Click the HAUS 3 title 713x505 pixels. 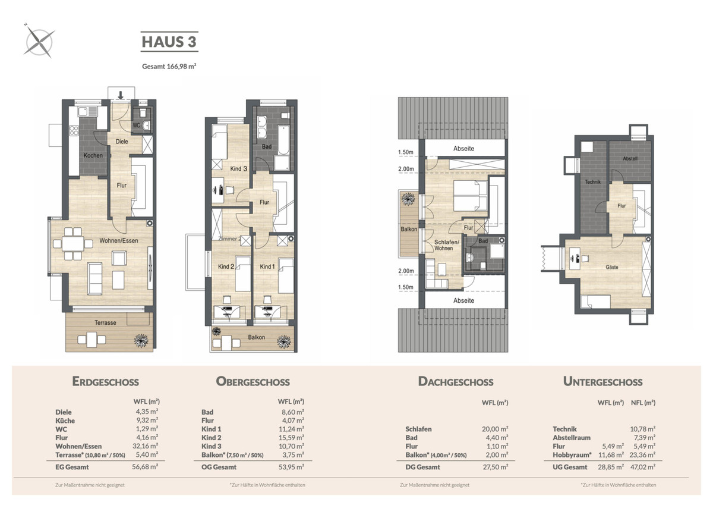click(x=169, y=42)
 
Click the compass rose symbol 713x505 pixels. click(x=39, y=42)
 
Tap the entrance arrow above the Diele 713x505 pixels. click(x=121, y=95)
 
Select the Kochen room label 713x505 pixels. click(x=93, y=155)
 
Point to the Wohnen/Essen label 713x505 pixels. click(x=119, y=240)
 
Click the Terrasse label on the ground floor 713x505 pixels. click(x=105, y=323)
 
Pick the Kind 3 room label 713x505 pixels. click(x=238, y=168)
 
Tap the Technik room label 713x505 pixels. click(x=593, y=182)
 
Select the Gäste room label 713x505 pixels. click(x=612, y=267)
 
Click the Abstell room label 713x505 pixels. click(x=630, y=158)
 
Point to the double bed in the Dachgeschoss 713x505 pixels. click(x=470, y=196)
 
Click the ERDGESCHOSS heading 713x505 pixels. click(x=105, y=381)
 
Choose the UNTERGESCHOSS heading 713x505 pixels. click(x=602, y=381)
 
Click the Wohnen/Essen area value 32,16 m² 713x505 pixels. click(x=145, y=446)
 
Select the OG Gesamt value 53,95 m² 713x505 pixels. click(x=291, y=467)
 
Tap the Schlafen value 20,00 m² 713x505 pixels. click(x=495, y=429)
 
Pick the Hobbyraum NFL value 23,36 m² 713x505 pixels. click(x=642, y=454)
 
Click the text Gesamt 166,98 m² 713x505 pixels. click(x=169, y=66)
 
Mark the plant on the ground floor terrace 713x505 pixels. click(x=141, y=341)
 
